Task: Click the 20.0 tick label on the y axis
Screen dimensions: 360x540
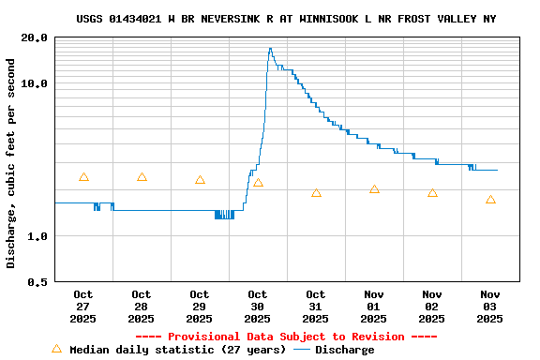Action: [x=35, y=37]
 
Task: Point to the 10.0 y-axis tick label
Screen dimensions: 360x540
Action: [x=35, y=83]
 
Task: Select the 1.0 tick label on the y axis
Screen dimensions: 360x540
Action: [x=38, y=236]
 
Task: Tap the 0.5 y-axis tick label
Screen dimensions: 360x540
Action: [x=38, y=282]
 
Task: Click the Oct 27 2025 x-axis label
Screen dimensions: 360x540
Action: [x=83, y=307]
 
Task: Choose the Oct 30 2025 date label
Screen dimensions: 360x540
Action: [x=258, y=307]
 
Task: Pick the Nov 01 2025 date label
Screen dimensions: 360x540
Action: [x=374, y=307]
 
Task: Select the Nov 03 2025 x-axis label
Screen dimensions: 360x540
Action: [x=490, y=307]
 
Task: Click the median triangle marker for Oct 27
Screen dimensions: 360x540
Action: [x=83, y=177]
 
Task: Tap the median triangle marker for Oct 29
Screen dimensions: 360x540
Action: [x=200, y=179]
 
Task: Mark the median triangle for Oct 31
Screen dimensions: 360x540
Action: [x=316, y=192]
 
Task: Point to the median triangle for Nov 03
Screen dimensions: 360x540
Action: [x=490, y=200]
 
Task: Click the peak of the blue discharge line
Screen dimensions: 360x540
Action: [x=270, y=49]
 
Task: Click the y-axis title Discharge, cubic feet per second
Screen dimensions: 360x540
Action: [x=11, y=163]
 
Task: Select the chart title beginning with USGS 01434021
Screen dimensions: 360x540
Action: [x=286, y=19]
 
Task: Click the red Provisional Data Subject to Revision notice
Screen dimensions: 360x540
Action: [x=286, y=337]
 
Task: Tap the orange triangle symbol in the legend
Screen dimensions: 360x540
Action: [x=56, y=349]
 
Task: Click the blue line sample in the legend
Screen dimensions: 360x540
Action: [x=301, y=350]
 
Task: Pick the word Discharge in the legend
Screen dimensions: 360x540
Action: [x=344, y=350]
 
